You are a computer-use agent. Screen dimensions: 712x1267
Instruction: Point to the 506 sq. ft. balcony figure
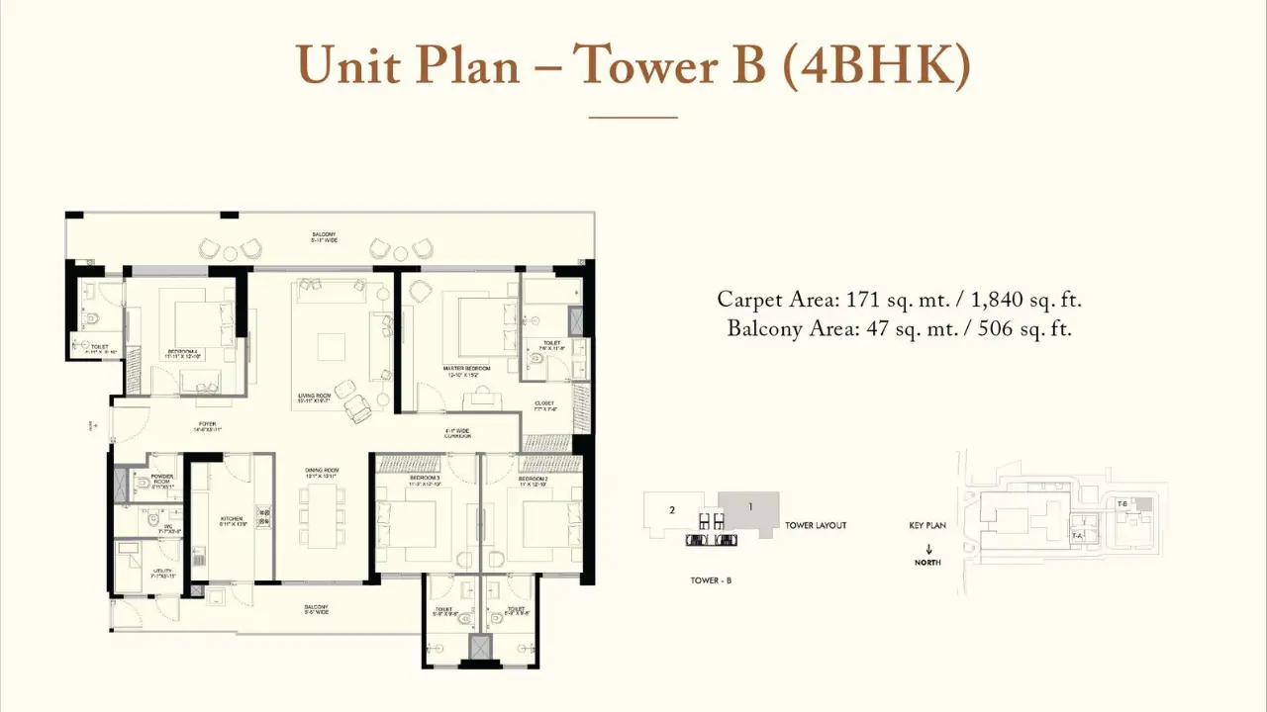pos(1024,329)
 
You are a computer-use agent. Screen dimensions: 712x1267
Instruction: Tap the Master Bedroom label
pos(467,368)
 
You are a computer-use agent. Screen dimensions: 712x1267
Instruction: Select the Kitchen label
pos(232,518)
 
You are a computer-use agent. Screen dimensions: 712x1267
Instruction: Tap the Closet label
pos(544,403)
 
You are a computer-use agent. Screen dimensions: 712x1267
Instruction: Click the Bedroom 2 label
pos(533,479)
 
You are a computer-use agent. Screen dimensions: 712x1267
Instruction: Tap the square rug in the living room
pos(331,347)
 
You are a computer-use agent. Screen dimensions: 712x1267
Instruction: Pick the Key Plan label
pos(927,526)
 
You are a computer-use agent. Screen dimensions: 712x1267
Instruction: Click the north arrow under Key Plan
pos(928,549)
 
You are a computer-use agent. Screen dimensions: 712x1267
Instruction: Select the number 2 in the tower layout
pos(672,510)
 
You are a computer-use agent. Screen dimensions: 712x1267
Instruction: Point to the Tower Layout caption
pos(816,526)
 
